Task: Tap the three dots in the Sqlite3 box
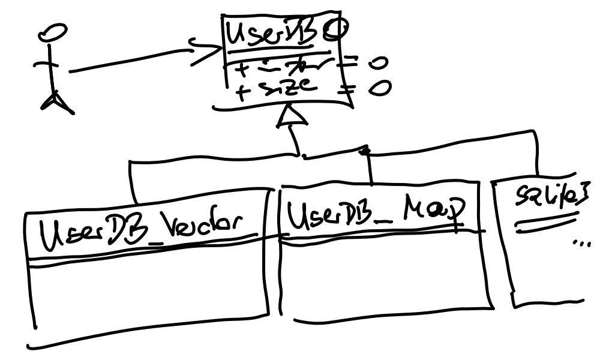point(581,244)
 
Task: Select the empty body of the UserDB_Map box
point(384,276)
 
